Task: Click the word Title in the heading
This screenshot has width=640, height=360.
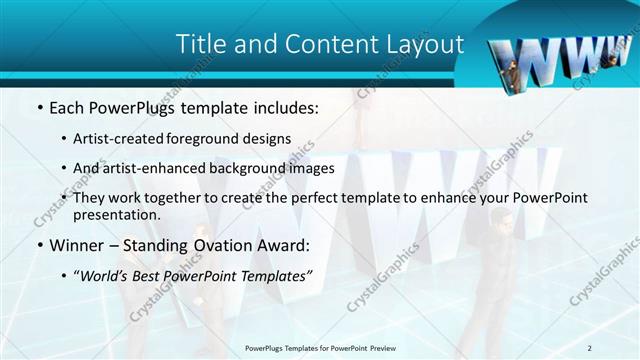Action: pyautogui.click(x=199, y=45)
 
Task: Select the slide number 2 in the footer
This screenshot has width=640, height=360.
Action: pyautogui.click(x=589, y=347)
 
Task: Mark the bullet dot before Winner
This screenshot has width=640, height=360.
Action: pyautogui.click(x=38, y=245)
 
